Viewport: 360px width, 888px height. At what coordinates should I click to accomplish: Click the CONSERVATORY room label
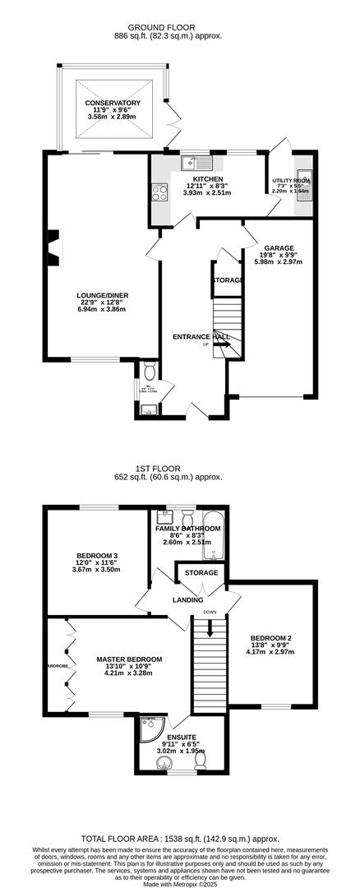(x=112, y=103)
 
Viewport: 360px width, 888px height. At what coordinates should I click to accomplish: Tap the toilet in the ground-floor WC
(x=149, y=369)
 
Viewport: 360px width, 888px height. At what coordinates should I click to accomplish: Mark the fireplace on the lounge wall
(x=53, y=247)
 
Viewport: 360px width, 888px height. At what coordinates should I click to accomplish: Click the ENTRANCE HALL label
(x=201, y=336)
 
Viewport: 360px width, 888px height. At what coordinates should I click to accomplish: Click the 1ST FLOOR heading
(x=179, y=469)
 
